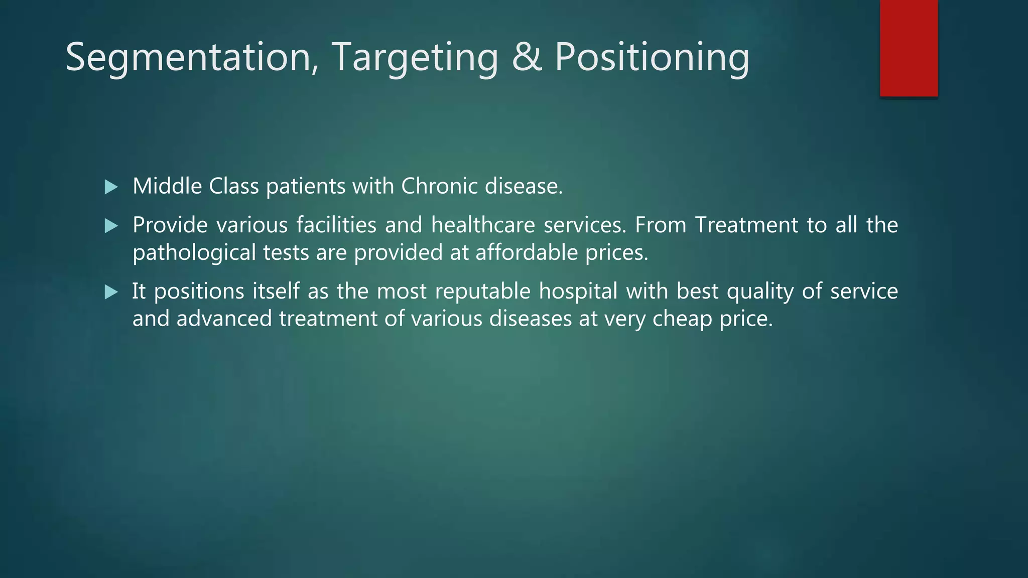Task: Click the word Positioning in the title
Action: tap(652, 57)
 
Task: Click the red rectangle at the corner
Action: tap(909, 48)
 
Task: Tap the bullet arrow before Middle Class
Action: tap(111, 188)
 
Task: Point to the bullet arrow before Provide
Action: tap(111, 226)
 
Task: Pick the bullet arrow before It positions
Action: tap(111, 293)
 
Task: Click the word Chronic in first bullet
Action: tap(439, 186)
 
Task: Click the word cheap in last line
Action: tap(682, 319)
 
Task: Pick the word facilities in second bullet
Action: tap(336, 225)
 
